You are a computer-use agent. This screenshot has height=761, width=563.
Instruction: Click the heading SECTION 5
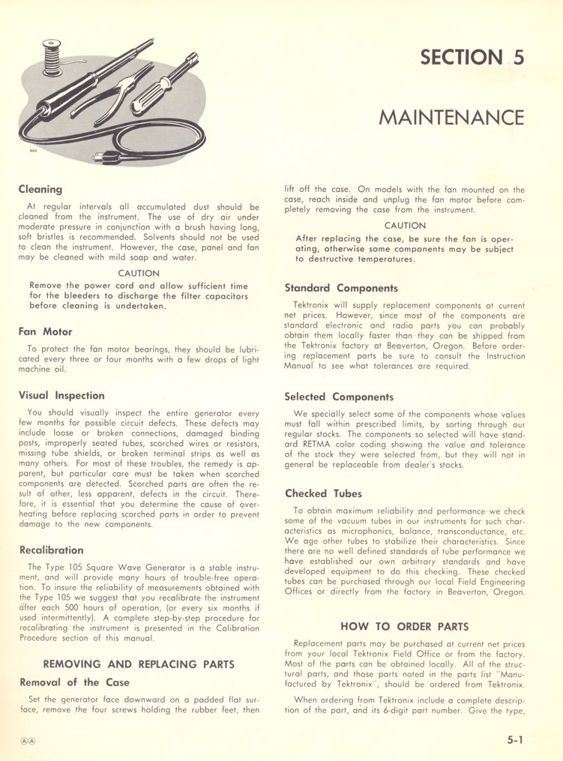[x=472, y=58]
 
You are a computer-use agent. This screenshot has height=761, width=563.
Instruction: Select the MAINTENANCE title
[x=451, y=118]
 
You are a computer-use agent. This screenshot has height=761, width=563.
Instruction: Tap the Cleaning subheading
[x=40, y=190]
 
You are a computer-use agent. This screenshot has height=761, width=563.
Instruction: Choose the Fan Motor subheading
[x=46, y=331]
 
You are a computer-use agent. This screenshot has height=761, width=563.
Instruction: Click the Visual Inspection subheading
[x=61, y=395]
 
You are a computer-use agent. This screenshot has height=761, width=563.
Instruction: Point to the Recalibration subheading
[x=51, y=550]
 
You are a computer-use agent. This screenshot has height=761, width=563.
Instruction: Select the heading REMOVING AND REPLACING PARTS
[x=139, y=664]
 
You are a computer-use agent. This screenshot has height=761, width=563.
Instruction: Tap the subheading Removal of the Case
[x=73, y=682]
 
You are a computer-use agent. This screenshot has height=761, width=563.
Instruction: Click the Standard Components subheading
[x=341, y=288]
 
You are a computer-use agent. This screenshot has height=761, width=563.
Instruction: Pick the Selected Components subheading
[x=339, y=397]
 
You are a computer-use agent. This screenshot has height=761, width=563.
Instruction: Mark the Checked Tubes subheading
[x=323, y=494]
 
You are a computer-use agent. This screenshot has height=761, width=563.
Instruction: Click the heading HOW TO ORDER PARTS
[x=405, y=626]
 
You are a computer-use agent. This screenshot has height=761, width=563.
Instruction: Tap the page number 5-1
[x=514, y=739]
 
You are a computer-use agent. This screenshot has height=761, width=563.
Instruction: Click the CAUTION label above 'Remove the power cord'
[x=139, y=274]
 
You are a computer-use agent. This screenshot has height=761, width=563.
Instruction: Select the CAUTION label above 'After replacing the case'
[x=405, y=226]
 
